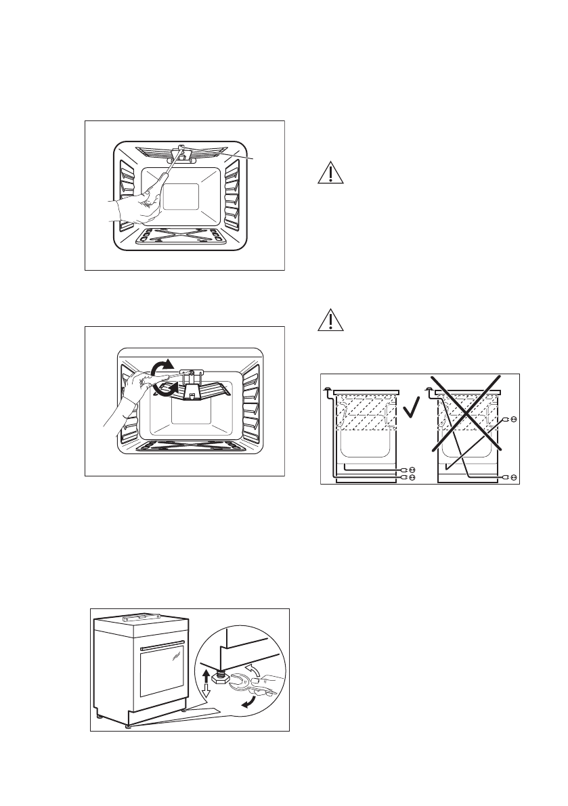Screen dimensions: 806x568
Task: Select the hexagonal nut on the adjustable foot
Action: coord(219,675)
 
